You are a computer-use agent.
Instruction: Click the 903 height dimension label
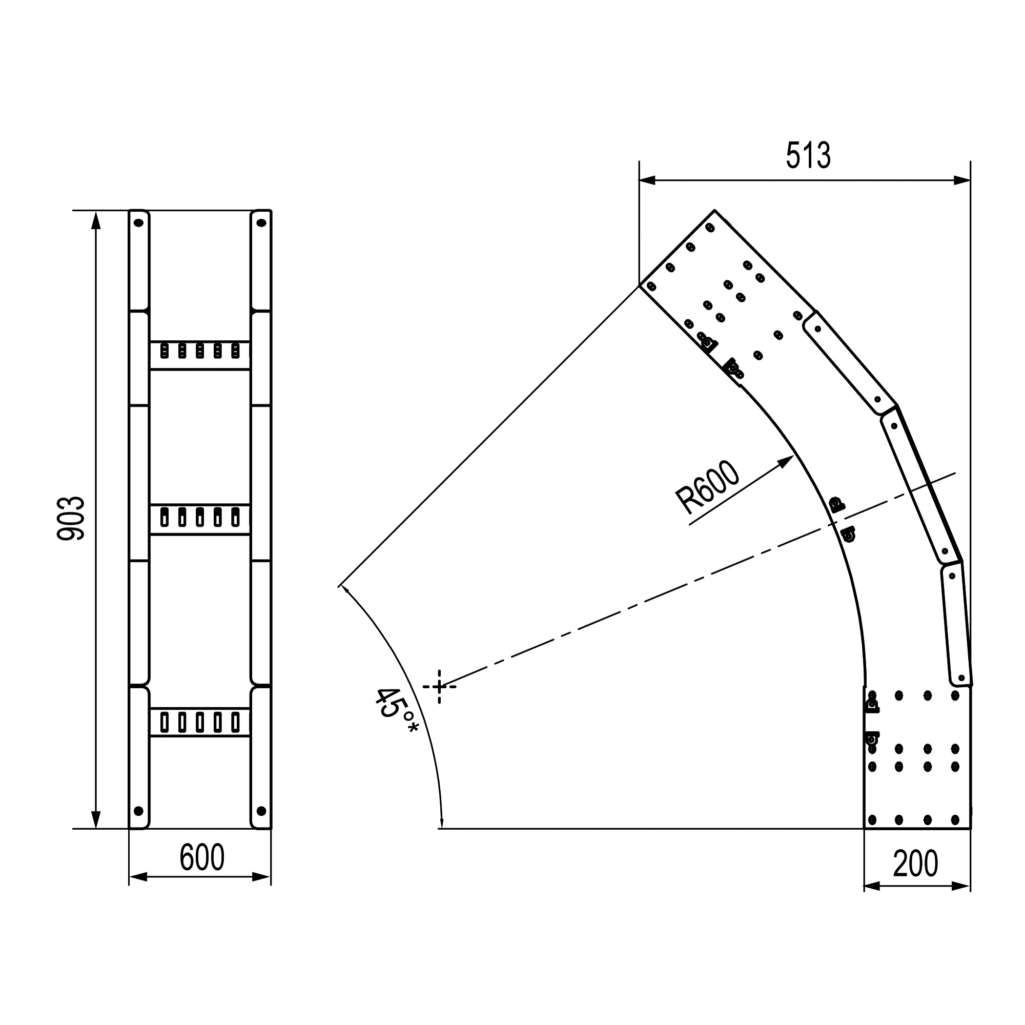point(71,518)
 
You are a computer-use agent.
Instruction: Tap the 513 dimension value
point(808,156)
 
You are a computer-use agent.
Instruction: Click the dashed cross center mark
point(439,687)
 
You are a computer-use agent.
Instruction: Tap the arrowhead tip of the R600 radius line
point(793,456)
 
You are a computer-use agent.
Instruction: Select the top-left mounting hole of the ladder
point(138,223)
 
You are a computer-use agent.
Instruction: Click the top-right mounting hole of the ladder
point(261,223)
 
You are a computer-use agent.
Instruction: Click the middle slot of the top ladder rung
point(200,351)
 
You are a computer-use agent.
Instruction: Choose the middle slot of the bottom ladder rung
point(200,722)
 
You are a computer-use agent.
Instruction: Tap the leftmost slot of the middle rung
point(165,517)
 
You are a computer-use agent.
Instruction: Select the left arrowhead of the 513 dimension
point(642,180)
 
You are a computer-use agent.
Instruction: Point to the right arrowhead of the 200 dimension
point(968,886)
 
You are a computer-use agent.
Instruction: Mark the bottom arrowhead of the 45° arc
point(441,826)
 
